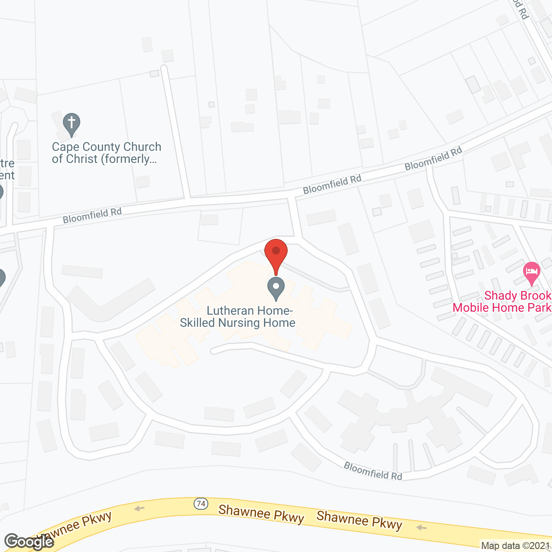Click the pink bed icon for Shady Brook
(x=532, y=272)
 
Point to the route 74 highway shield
(x=201, y=503)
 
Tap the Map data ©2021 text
(x=515, y=546)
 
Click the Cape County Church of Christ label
(x=107, y=153)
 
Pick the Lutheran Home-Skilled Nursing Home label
(x=238, y=317)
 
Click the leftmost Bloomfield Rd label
(x=92, y=215)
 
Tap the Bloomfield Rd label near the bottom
(x=373, y=471)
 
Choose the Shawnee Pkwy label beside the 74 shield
(x=261, y=513)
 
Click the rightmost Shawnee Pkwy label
(x=359, y=520)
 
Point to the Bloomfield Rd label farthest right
(x=433, y=158)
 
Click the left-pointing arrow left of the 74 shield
(x=139, y=508)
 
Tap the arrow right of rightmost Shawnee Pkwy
(x=421, y=527)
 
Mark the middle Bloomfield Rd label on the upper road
(x=332, y=184)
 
